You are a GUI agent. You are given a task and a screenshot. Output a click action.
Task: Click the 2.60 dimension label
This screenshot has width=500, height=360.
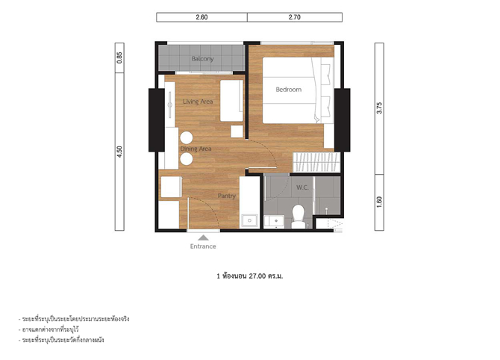point(201,17)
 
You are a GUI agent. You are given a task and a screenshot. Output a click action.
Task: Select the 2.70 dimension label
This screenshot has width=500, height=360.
point(295,17)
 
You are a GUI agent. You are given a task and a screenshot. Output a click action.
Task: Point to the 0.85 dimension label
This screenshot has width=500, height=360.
point(119,58)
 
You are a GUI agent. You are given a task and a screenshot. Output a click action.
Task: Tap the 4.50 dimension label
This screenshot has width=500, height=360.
point(119,152)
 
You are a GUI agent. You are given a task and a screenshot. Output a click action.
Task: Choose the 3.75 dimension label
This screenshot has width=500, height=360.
point(379,108)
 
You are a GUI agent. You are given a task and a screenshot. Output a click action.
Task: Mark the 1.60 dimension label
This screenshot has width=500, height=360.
point(379,202)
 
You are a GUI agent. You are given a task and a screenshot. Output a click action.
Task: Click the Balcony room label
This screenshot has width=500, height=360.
point(202,59)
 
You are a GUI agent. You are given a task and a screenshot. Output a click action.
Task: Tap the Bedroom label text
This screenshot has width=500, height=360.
point(289,90)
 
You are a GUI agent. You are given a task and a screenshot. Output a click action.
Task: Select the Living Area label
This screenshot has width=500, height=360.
point(198,102)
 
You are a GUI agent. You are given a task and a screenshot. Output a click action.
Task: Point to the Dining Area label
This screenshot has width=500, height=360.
point(196,149)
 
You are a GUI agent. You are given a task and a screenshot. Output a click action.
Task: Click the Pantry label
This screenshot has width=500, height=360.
point(227,196)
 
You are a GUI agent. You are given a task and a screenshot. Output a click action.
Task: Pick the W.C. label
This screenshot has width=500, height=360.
point(302,187)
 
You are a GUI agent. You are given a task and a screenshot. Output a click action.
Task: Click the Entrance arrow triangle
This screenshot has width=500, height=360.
point(203,238)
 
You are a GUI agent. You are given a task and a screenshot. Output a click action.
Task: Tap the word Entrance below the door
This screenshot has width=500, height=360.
point(203,246)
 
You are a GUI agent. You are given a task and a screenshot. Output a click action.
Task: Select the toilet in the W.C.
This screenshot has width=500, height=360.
point(299,216)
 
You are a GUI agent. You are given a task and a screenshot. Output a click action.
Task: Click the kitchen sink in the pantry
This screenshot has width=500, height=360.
point(250,221)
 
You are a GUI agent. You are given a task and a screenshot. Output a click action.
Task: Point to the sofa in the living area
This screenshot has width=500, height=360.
point(232,101)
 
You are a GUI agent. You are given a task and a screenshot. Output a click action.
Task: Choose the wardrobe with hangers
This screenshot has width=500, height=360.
point(316,162)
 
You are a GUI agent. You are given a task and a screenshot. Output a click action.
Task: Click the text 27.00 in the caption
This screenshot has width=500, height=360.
point(257,276)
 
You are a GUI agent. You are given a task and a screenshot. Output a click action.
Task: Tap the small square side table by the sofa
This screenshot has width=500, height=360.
point(237,131)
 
